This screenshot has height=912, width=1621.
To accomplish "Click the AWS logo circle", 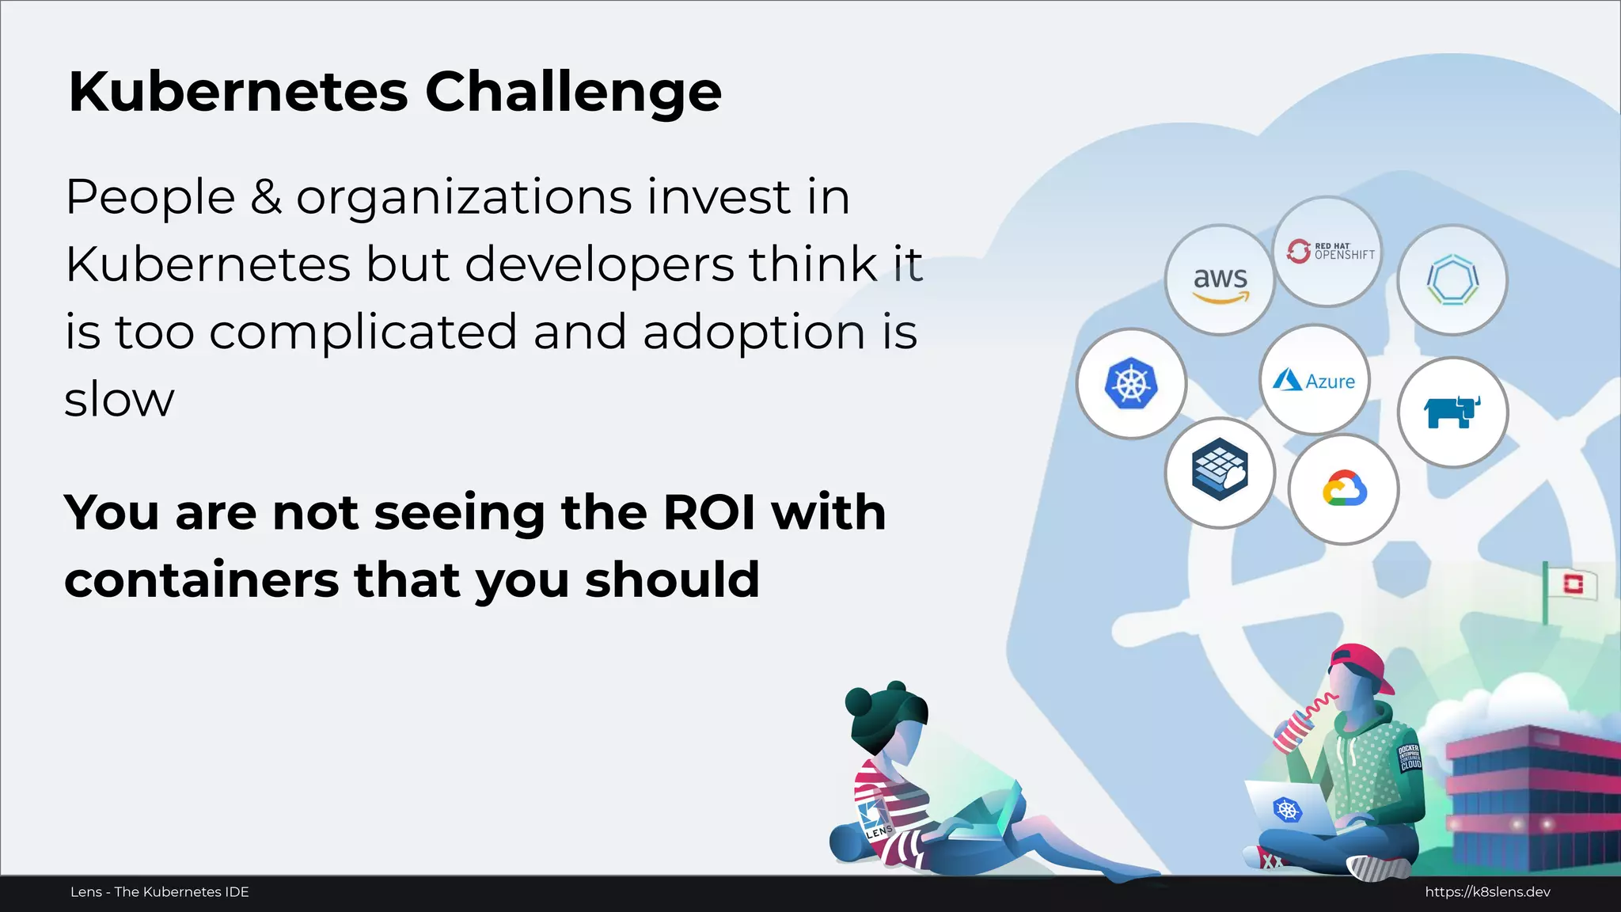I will pos(1220,280).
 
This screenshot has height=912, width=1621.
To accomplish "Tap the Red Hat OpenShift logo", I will pos(1328,252).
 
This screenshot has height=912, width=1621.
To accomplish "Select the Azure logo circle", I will pos(1315,380).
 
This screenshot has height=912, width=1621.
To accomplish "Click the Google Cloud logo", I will pos(1344,489).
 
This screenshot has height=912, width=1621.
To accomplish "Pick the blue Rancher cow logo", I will pos(1452,412).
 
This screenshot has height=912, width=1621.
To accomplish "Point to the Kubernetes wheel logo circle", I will pos(1131,384).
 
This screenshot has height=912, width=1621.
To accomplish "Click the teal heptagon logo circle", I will pos(1452,280).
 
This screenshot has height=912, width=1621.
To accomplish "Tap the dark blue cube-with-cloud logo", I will pos(1220,473).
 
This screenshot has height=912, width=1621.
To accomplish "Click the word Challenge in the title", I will pos(573,92).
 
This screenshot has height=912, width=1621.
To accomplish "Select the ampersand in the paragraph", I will pos(266,197).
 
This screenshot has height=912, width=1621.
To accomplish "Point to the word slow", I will pos(119,400).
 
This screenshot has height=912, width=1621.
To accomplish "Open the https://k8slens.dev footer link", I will pos(1487,892).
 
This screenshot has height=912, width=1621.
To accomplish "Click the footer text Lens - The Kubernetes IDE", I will pos(160,892).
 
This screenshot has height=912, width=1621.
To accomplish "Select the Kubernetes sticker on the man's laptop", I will pos(1287,810).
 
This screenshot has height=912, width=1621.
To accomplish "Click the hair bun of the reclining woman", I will pos(860,701).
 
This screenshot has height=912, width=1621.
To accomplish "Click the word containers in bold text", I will pos(202,580).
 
